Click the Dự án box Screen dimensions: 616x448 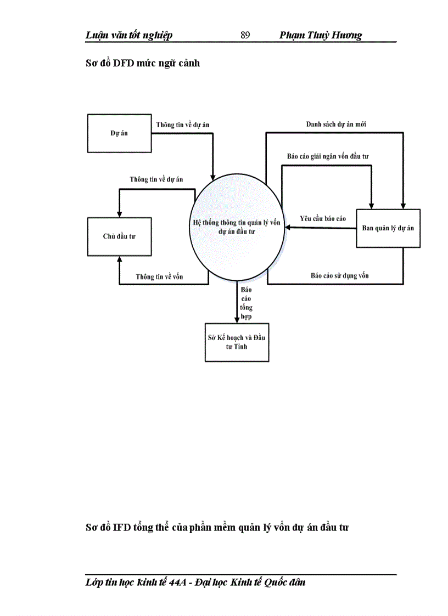point(119,133)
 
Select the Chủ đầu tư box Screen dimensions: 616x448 point(119,236)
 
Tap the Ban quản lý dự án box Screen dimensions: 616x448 point(388,228)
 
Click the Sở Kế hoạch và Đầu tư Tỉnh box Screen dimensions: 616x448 point(236,342)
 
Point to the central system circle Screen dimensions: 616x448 point(237,228)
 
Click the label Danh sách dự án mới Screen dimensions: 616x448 point(336,125)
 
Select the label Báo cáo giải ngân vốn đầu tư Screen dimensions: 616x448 point(328,156)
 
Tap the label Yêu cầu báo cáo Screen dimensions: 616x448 point(323,218)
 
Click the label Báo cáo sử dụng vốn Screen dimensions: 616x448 point(339,275)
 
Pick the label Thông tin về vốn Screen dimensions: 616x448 point(159,276)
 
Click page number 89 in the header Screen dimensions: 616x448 point(245,36)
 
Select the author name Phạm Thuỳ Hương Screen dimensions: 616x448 point(321,36)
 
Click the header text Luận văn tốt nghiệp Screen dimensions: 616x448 point(129,36)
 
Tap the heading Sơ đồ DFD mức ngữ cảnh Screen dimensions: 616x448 point(143,63)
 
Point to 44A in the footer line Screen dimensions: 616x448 point(172,582)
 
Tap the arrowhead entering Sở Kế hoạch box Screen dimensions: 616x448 point(237,319)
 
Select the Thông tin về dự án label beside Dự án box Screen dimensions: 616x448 point(182,125)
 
